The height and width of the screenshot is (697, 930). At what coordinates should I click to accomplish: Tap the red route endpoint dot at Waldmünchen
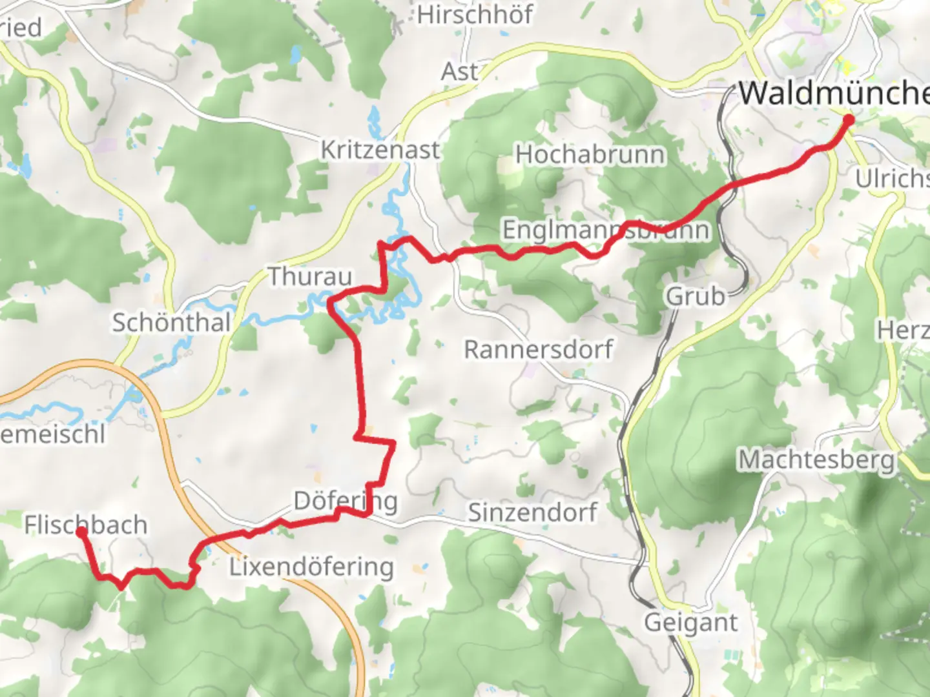point(848,119)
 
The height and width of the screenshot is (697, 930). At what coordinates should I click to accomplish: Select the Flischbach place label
point(86,525)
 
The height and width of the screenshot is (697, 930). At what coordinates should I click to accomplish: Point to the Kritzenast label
point(380,150)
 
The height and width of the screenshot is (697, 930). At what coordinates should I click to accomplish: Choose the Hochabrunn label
point(590,155)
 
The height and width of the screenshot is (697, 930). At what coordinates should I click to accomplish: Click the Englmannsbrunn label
point(606,230)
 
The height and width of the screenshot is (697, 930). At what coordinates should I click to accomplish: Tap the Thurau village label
point(310,277)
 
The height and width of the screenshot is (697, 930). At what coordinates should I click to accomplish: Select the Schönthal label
point(172,322)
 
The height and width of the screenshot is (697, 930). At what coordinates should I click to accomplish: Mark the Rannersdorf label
point(539,349)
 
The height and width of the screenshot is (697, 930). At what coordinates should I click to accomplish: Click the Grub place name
point(696,296)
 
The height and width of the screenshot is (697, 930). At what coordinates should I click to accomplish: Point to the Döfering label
point(346,500)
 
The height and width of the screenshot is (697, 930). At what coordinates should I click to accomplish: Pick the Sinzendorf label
point(532,512)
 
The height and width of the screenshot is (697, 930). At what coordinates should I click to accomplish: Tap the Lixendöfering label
point(311,567)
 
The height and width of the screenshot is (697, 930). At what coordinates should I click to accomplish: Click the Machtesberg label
point(817,460)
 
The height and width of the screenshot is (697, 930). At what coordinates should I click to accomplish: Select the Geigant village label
point(690,622)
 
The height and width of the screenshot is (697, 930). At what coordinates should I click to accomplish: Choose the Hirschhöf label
point(475,14)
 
